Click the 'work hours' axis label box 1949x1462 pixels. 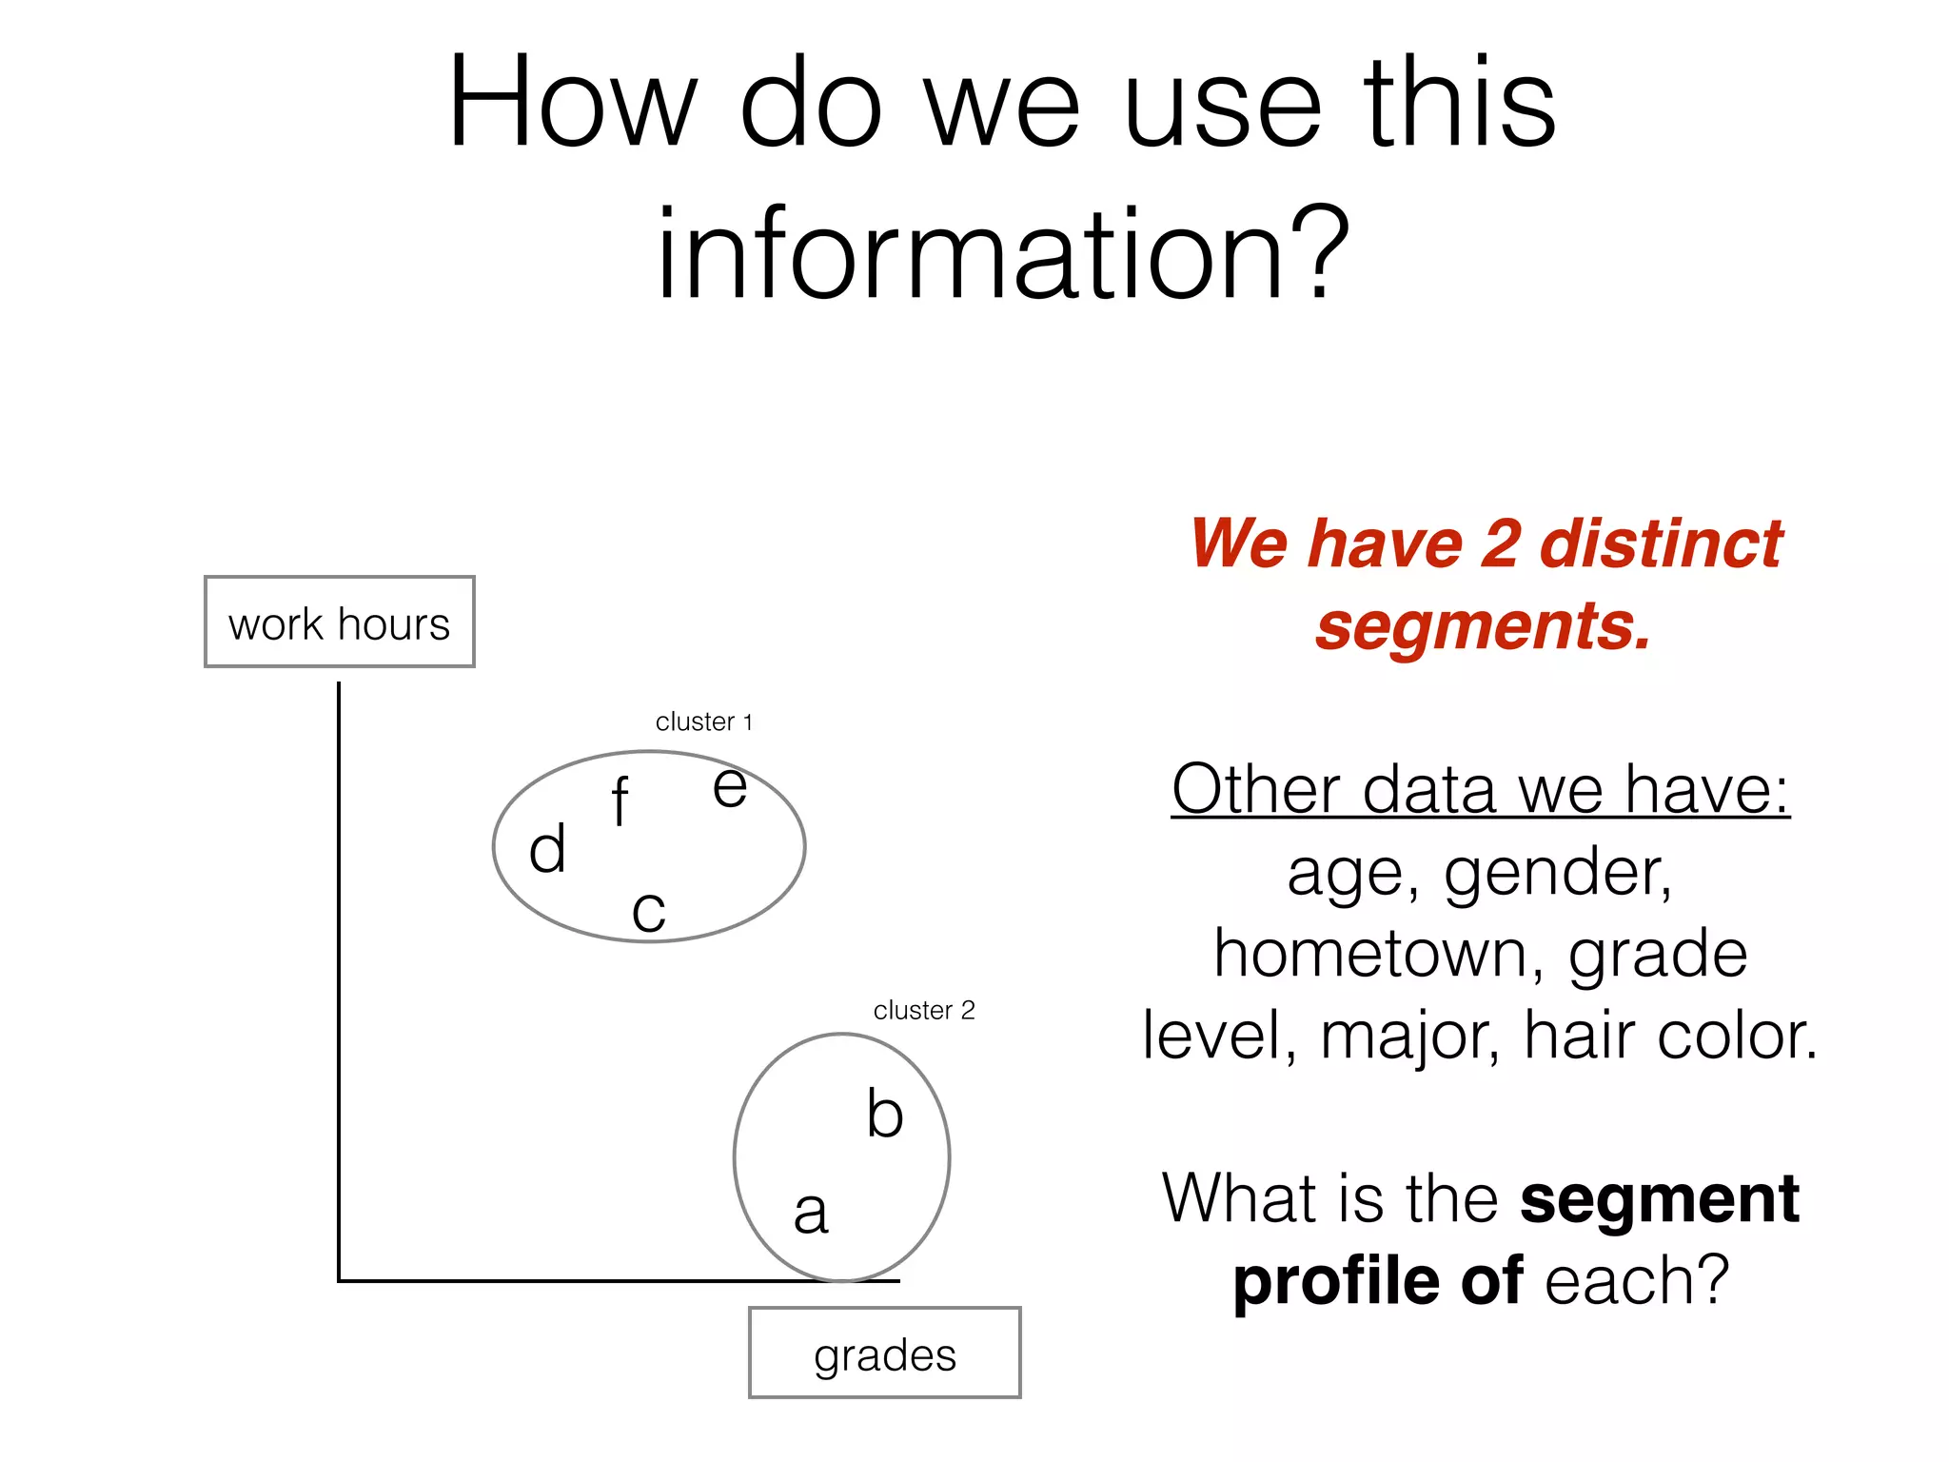[x=339, y=622]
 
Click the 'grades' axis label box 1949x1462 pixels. [x=884, y=1353]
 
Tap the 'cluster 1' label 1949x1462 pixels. [x=703, y=721]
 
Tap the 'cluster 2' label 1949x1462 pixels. [x=923, y=1010]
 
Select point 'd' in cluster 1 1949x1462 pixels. [x=547, y=849]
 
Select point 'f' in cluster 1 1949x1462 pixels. [x=620, y=801]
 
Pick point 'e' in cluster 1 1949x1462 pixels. [x=730, y=788]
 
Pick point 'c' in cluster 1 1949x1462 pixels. [x=648, y=911]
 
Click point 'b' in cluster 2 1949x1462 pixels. [x=884, y=1113]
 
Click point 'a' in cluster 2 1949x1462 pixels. [x=811, y=1213]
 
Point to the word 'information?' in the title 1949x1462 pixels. [x=1002, y=255]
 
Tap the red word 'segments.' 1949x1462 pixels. [x=1482, y=626]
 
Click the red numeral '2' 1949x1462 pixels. [x=1500, y=543]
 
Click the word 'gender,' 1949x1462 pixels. [x=1557, y=873]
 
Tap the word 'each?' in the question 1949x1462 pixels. [x=1636, y=1280]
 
